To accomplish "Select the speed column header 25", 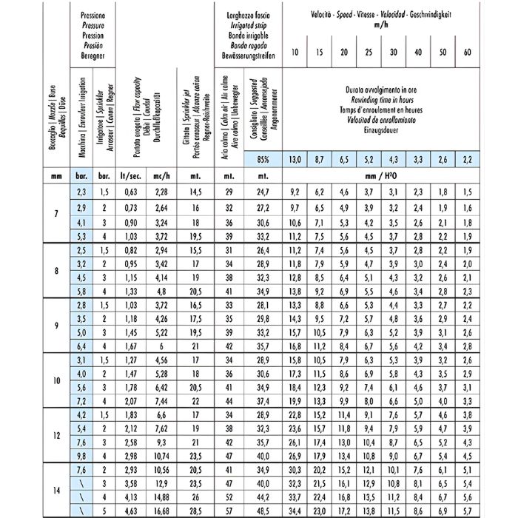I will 369,53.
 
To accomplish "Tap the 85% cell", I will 262,159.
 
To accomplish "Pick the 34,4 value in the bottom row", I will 295,511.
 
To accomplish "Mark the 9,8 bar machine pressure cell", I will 81,456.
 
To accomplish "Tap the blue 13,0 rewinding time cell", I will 295,159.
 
